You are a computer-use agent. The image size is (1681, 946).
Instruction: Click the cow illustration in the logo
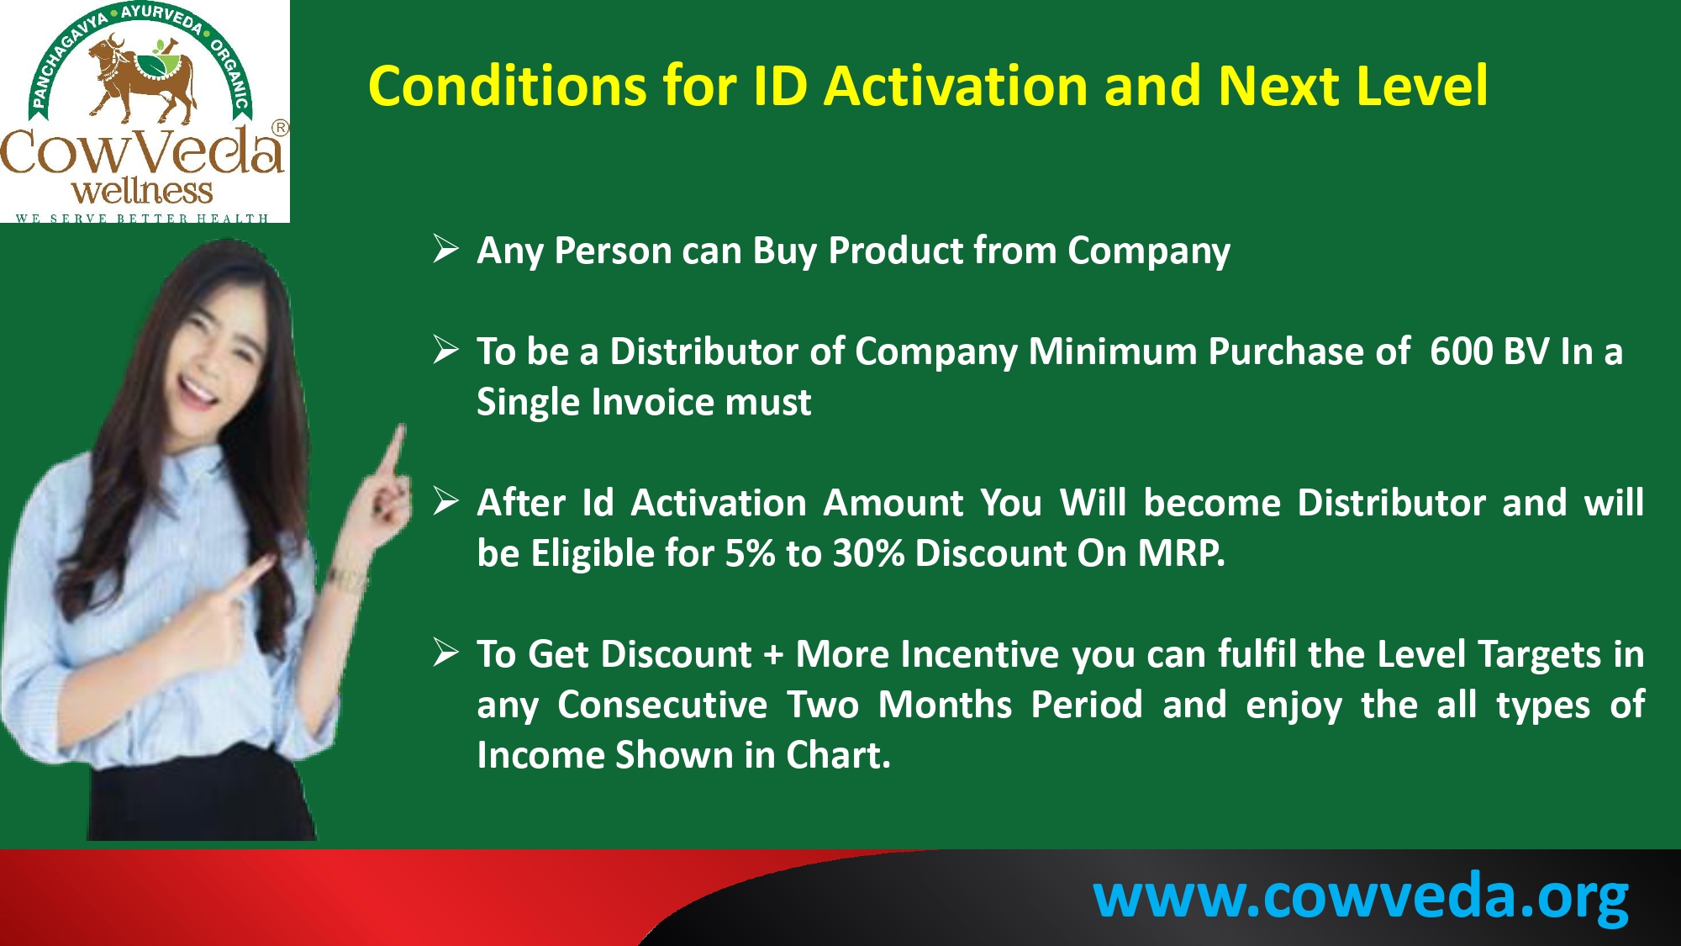point(141,77)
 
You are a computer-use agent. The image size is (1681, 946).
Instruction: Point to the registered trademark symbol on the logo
point(280,128)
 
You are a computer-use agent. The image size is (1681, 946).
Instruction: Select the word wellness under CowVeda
point(142,191)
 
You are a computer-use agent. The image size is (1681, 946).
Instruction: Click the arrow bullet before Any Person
point(445,249)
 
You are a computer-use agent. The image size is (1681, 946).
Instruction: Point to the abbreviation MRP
point(1181,553)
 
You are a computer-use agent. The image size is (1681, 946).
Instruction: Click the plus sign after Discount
point(773,655)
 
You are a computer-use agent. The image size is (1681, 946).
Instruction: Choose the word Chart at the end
point(838,755)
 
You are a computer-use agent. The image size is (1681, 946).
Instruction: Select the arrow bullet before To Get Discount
point(445,653)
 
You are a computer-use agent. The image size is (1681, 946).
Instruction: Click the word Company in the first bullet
point(1149,251)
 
